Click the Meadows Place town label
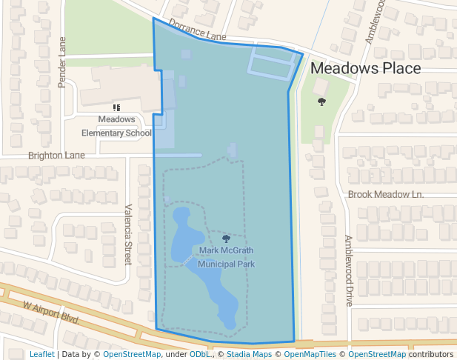pyautogui.click(x=365, y=69)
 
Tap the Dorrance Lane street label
pyautogui.click(x=197, y=30)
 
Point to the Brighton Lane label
pyautogui.click(x=56, y=156)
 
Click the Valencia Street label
pyautogui.click(x=127, y=235)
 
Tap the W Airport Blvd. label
pyautogui.click(x=51, y=312)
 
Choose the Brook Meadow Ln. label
pyautogui.click(x=385, y=194)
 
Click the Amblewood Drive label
pyautogui.click(x=349, y=270)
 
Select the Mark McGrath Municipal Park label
pyautogui.click(x=227, y=257)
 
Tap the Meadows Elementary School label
pyautogui.click(x=116, y=126)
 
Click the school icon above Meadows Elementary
pyautogui.click(x=116, y=107)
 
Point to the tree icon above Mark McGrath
pyautogui.click(x=226, y=238)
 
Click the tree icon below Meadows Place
pyautogui.click(x=321, y=101)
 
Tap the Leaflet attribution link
pyautogui.click(x=41, y=354)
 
